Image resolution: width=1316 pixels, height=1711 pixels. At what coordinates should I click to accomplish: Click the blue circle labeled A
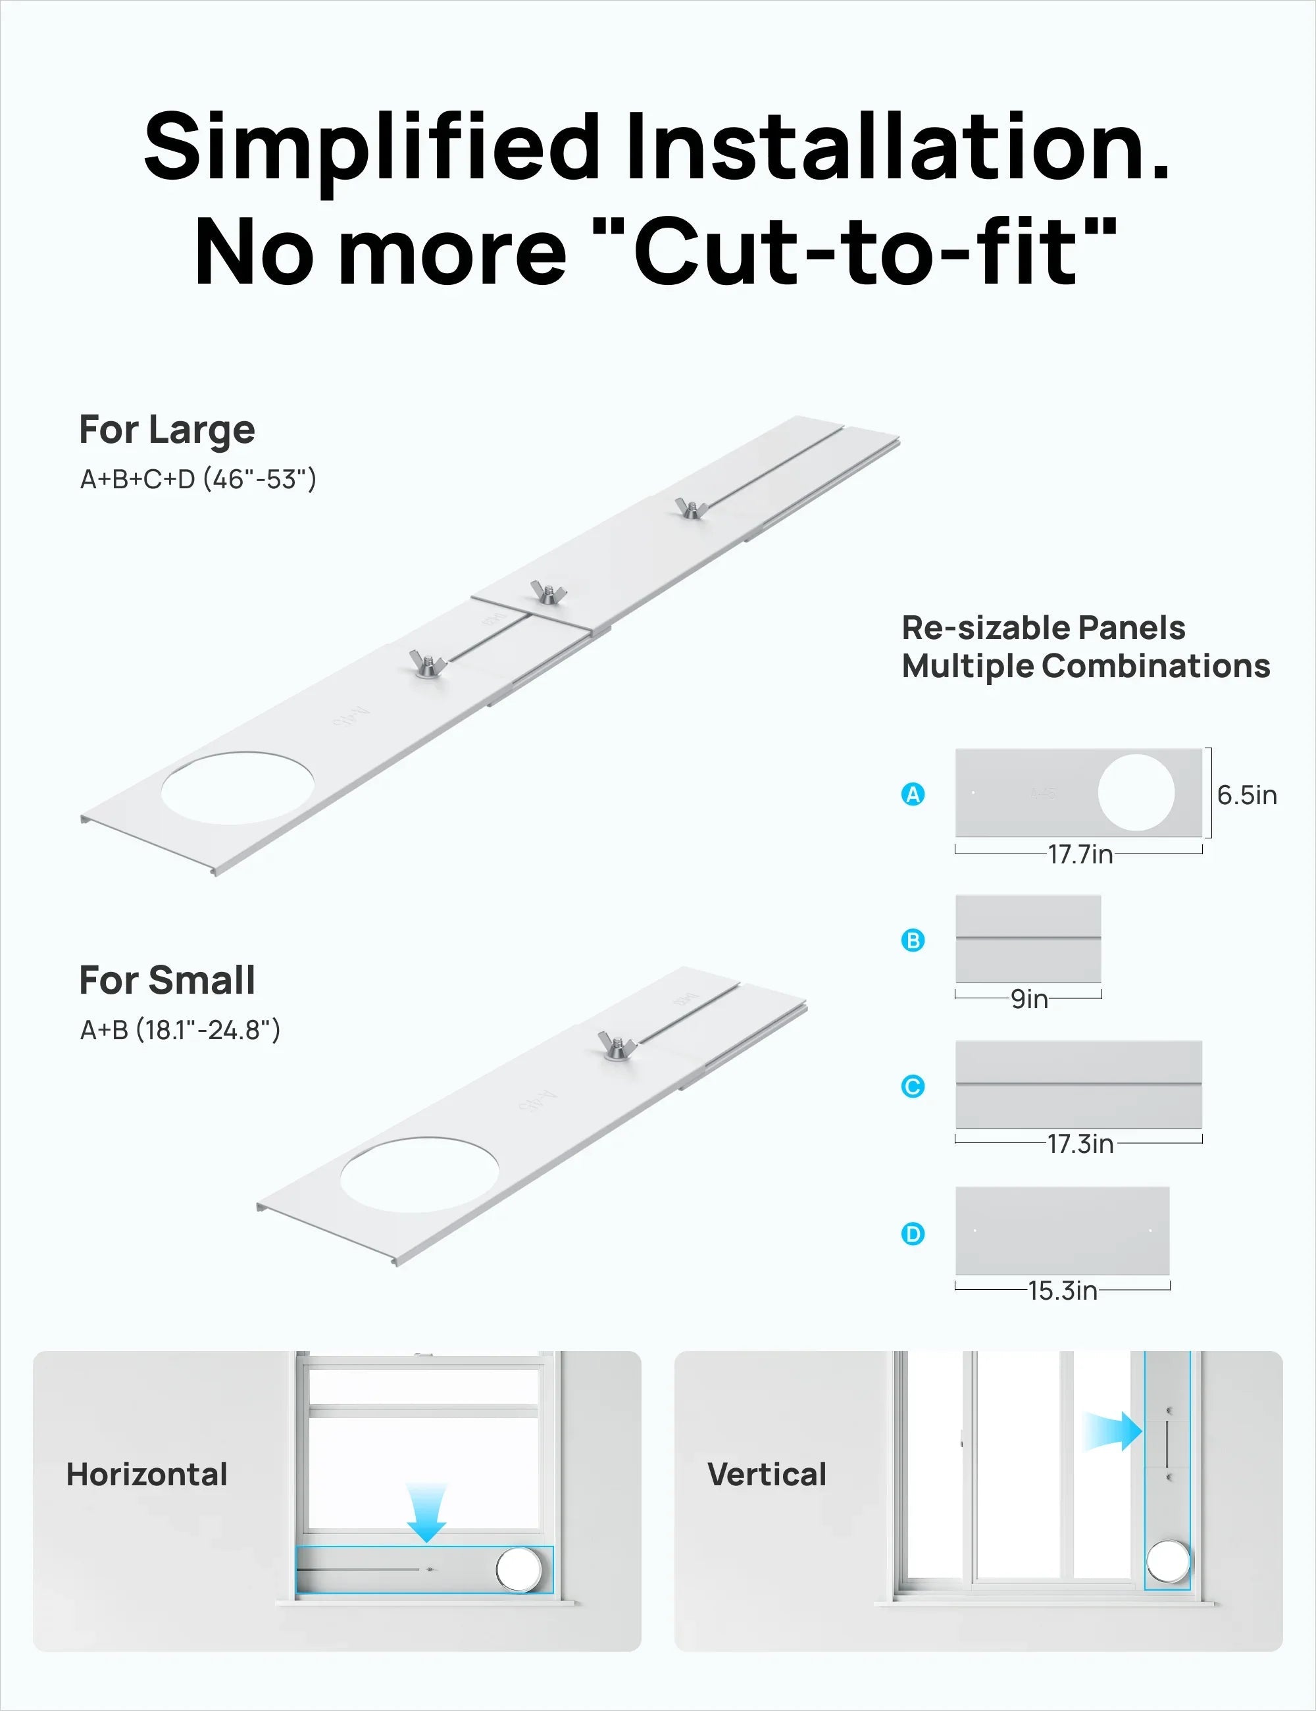[913, 794]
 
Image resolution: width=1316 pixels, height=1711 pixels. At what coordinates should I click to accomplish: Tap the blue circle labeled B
[913, 940]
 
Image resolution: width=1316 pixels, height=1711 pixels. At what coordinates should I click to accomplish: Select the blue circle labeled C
[913, 1086]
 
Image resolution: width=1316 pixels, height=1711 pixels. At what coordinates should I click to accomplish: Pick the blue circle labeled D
[913, 1234]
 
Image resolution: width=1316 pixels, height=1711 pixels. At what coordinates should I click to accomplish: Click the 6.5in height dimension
[1246, 795]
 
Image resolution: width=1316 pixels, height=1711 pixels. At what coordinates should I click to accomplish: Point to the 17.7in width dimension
[1080, 854]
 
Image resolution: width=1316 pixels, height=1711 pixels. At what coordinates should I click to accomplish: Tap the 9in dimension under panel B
[1028, 999]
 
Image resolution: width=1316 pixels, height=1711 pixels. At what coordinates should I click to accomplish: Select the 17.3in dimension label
[1080, 1144]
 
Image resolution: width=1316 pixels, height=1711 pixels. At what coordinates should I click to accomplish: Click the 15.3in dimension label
[1062, 1290]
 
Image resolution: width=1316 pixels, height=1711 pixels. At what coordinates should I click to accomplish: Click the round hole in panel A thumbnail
[1136, 793]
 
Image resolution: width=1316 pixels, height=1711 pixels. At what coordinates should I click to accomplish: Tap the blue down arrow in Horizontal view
[426, 1513]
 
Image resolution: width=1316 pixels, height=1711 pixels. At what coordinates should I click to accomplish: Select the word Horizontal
[147, 1474]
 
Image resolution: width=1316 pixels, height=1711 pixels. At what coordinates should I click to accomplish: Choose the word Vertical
[767, 1474]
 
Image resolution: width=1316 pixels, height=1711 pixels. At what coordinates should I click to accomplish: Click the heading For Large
[167, 429]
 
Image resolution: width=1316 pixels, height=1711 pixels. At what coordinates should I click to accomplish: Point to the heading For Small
[167, 980]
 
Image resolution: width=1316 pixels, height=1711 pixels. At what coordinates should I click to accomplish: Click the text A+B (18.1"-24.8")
[180, 1029]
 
